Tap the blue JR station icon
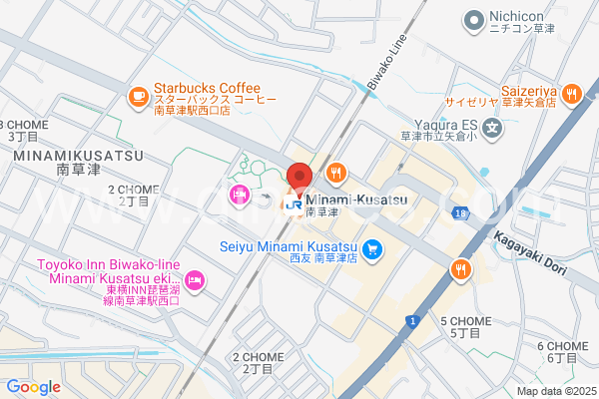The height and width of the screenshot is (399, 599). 295,204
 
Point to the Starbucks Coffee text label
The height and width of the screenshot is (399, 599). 207,89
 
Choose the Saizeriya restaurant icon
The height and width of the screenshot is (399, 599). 570,95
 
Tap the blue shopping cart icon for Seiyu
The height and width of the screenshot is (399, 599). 371,248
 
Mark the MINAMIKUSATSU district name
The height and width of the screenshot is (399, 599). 78,157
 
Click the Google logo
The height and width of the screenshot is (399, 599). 33,386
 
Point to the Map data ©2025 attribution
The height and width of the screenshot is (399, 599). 554,391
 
